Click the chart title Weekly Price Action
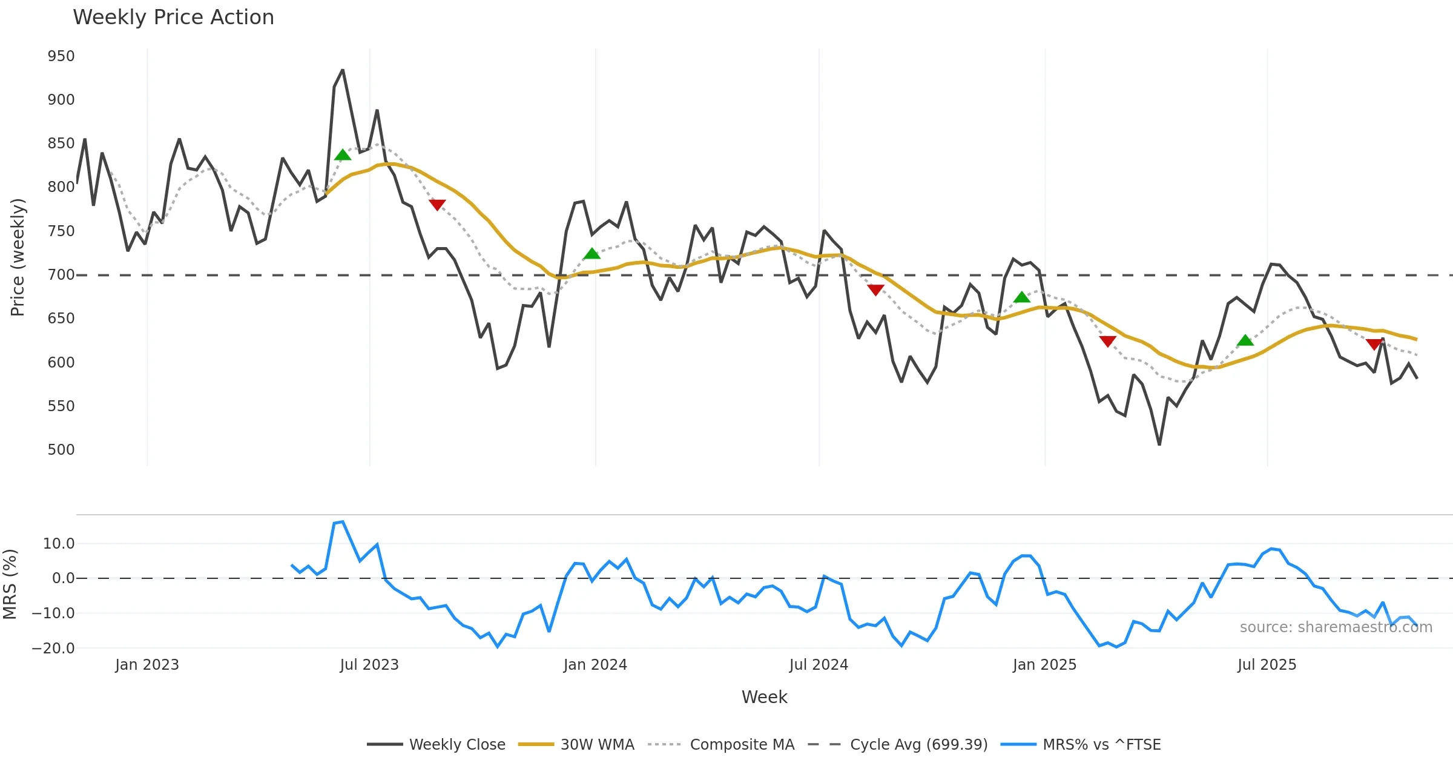click(173, 18)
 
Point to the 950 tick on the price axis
click(61, 56)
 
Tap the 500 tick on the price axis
click(61, 450)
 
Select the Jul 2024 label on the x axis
click(819, 665)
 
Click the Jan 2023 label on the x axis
click(147, 665)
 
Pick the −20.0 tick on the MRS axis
click(53, 649)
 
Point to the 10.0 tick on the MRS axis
click(59, 544)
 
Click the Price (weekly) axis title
click(18, 257)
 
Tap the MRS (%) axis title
click(10, 584)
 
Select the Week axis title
click(764, 698)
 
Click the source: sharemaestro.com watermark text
click(1336, 627)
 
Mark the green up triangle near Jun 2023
click(343, 156)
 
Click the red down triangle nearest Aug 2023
click(437, 205)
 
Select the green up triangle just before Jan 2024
click(591, 254)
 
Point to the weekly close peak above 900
click(343, 70)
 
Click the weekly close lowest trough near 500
click(1159, 444)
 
